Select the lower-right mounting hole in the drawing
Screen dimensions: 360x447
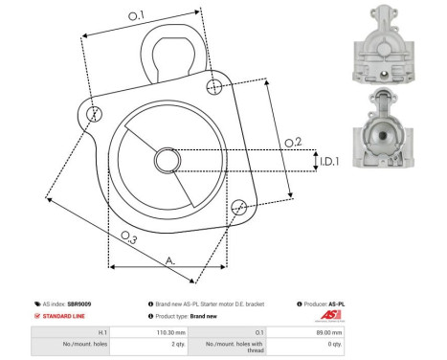pos(240,205)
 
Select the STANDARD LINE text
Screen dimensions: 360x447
pos(64,316)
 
